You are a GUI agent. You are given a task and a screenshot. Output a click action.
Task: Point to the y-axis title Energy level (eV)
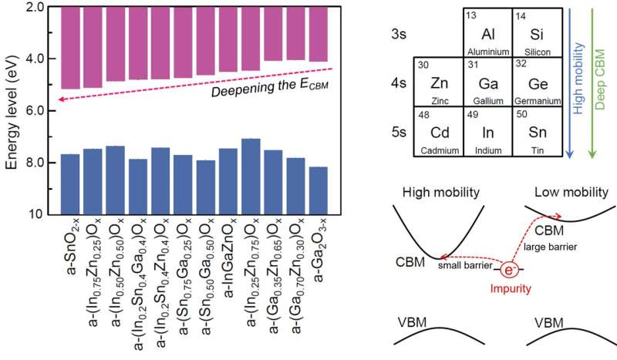(10, 108)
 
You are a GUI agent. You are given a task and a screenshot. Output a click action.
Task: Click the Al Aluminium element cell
(487, 32)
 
